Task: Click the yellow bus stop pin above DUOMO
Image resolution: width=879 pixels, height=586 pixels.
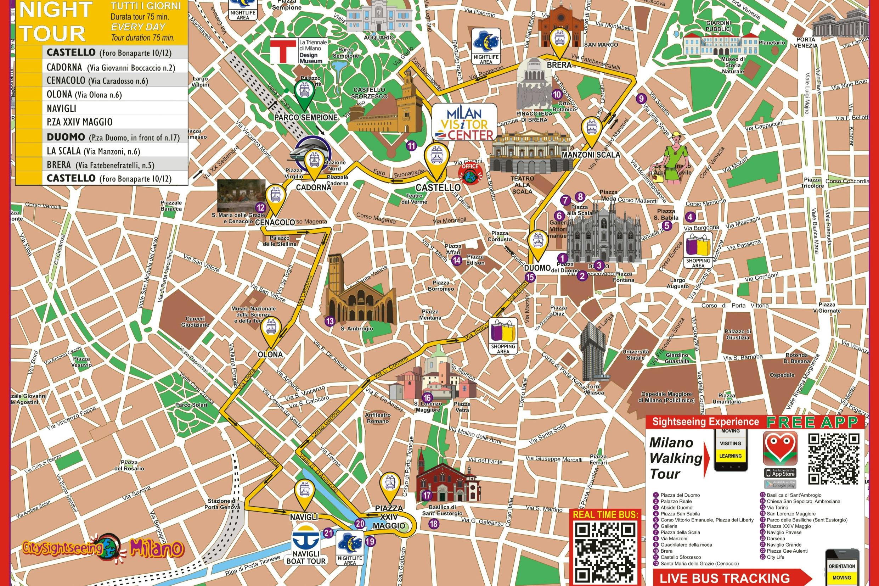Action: [538, 241]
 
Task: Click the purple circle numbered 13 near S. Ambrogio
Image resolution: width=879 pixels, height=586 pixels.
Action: [330, 321]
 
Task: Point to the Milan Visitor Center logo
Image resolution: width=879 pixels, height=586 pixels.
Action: [464, 122]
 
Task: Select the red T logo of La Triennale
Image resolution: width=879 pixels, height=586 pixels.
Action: [282, 51]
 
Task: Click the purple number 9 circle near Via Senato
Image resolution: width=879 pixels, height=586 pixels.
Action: [641, 99]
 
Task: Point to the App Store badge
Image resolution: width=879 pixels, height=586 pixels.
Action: [780, 473]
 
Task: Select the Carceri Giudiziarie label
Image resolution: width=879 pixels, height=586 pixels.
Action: [195, 322]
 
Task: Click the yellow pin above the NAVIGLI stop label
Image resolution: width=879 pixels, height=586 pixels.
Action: [305, 492]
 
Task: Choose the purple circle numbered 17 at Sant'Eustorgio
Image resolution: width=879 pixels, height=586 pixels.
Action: [427, 496]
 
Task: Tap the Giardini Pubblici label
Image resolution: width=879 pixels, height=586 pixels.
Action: [718, 26]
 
